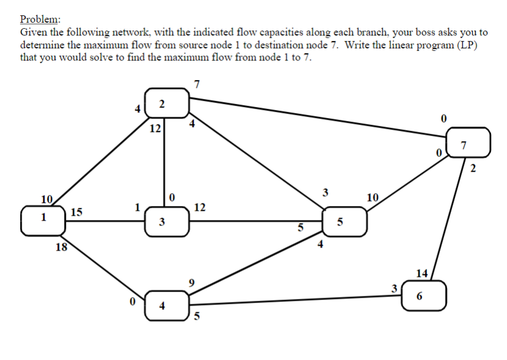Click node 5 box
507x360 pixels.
pyautogui.click(x=345, y=221)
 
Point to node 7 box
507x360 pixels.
pyautogui.click(x=468, y=142)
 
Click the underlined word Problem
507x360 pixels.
pyautogui.click(x=40, y=19)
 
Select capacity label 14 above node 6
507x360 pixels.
pyautogui.click(x=421, y=273)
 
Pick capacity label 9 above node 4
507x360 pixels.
pyautogui.click(x=192, y=282)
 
